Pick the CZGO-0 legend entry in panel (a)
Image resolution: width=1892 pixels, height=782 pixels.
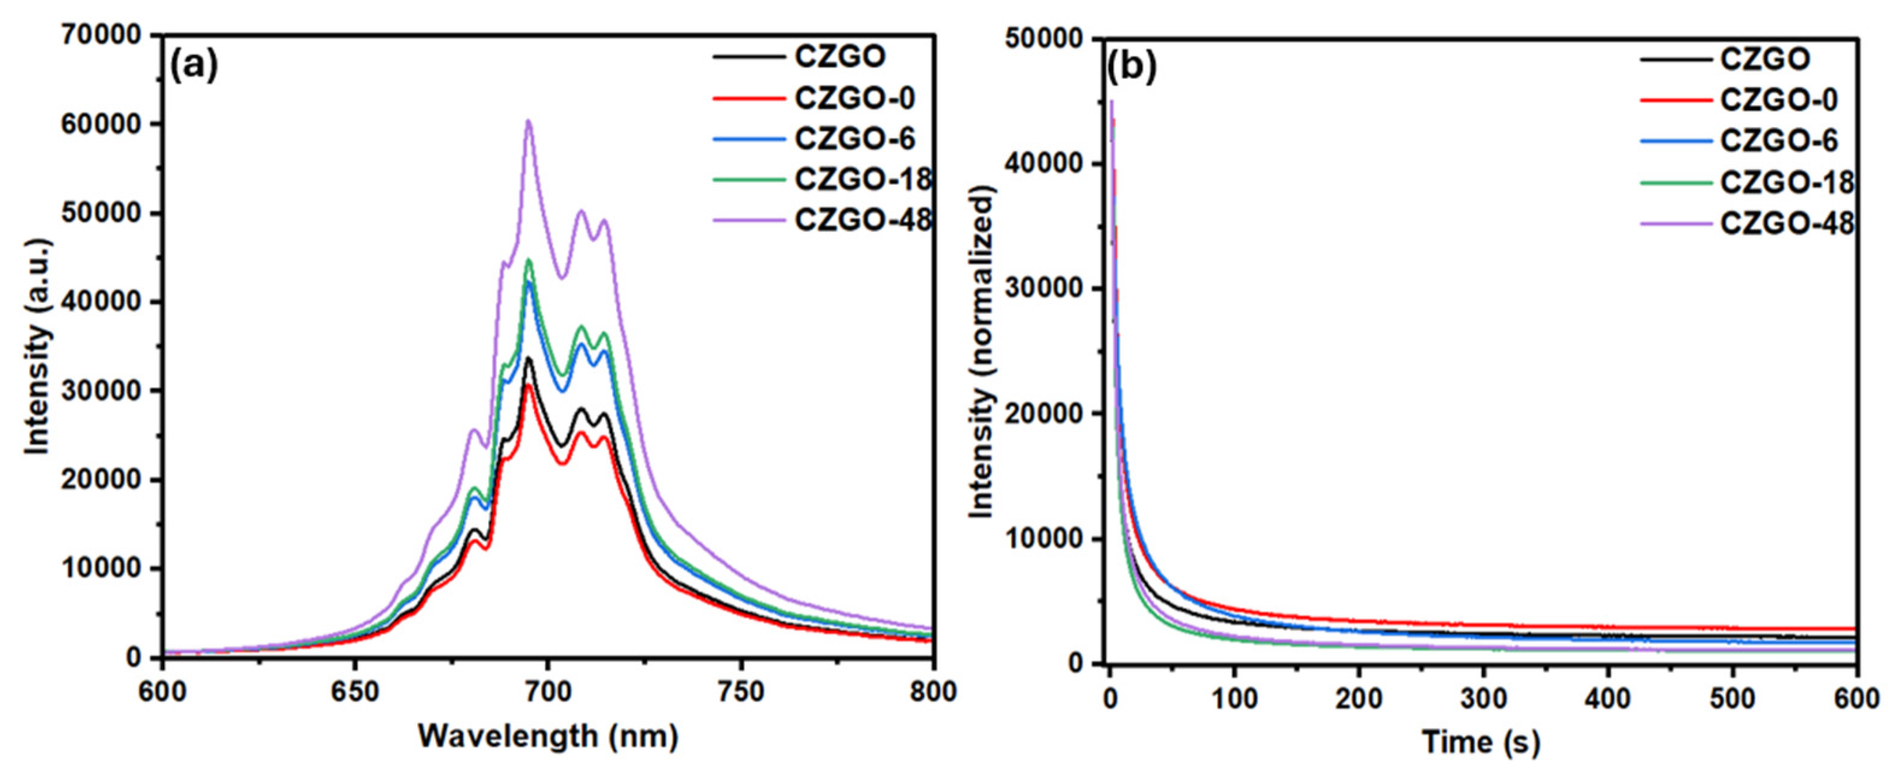point(855,98)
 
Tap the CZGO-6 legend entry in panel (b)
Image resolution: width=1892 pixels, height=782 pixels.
point(1778,140)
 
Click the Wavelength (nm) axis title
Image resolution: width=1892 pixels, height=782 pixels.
point(548,736)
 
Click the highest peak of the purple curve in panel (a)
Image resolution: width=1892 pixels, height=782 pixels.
point(527,122)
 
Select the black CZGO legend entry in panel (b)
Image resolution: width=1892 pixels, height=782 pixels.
point(1765,59)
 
